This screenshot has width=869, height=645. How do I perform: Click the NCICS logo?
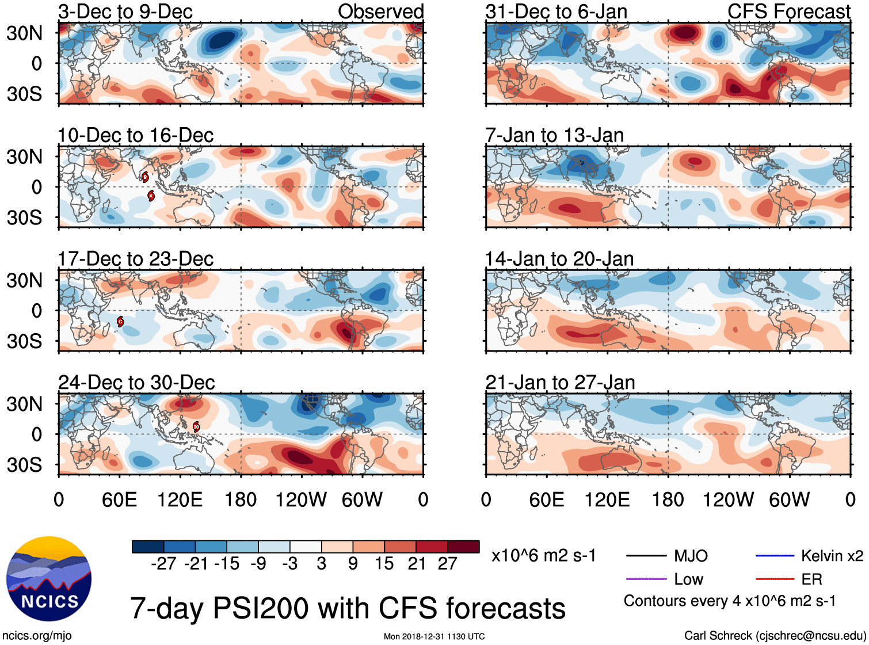tap(49, 578)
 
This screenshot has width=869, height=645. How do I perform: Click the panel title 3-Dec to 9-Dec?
tap(125, 12)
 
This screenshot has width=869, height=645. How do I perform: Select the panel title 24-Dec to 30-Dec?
tap(136, 383)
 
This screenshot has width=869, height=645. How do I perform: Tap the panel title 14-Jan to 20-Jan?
tap(559, 259)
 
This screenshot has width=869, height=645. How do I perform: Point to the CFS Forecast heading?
tap(788, 12)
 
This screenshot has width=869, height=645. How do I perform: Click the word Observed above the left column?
tap(380, 12)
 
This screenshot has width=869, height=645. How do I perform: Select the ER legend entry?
tap(811, 579)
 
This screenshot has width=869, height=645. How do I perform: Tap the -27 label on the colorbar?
tap(163, 563)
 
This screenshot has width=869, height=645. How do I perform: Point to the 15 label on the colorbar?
tap(384, 563)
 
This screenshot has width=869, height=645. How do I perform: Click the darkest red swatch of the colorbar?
tap(463, 547)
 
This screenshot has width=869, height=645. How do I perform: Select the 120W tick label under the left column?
tap(301, 499)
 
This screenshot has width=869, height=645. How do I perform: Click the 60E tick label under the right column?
tap(546, 499)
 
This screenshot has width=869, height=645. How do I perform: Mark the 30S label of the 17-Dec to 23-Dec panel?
tap(24, 341)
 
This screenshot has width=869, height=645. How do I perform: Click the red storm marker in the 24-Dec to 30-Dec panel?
tap(196, 426)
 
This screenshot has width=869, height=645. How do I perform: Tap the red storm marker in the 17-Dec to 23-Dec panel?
tap(120, 321)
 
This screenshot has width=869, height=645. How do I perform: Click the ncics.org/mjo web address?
tap(37, 636)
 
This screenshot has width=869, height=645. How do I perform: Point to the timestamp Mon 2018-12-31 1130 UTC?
tap(434, 636)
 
